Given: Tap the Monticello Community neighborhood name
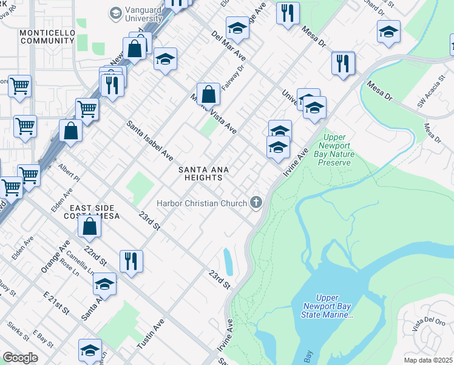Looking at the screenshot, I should coord(46,36).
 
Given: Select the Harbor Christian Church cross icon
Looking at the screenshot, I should coord(256,203).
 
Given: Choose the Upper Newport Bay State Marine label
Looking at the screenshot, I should coord(327,306).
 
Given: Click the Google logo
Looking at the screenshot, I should coord(20,358).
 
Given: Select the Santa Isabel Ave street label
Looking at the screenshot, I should coord(149,140).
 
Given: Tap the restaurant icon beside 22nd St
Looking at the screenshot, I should coord(131,260).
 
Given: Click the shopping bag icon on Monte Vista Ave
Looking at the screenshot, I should coord(208,94).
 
